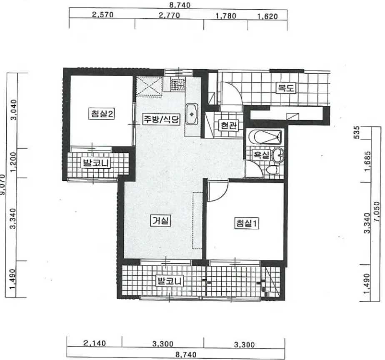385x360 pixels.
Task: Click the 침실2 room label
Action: point(102,114)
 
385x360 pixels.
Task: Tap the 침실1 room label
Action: point(247,223)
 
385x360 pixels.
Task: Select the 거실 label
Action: point(160,221)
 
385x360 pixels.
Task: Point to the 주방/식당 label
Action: point(162,119)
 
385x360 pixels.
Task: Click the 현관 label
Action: point(228,125)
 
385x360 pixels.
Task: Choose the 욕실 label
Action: point(261,155)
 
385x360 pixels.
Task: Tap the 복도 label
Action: point(285,87)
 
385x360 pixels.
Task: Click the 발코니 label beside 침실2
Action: point(95,163)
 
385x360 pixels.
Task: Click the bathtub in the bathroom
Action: point(265,137)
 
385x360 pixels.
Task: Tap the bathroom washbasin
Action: point(278,155)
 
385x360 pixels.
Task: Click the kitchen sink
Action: point(192,114)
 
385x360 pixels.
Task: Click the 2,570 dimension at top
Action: point(102,15)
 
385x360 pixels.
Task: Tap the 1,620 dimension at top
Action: point(267,17)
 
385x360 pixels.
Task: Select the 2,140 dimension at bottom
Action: point(95,343)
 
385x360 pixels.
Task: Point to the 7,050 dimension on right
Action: point(377,212)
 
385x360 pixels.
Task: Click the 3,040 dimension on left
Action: point(13,110)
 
